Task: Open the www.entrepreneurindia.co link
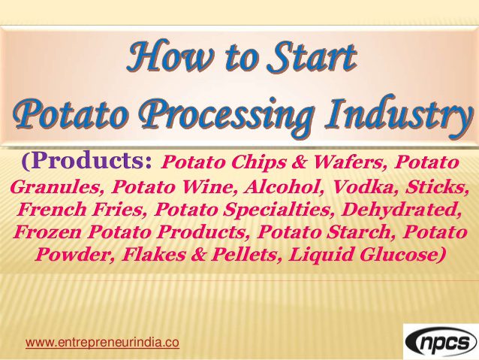tap(102, 343)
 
